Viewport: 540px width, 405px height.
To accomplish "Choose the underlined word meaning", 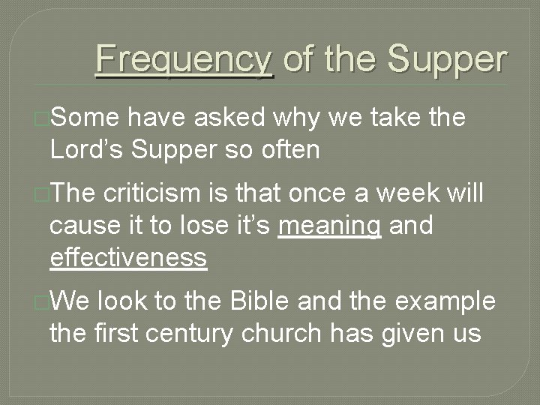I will point(329,226).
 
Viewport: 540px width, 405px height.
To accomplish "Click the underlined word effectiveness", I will point(127,257).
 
